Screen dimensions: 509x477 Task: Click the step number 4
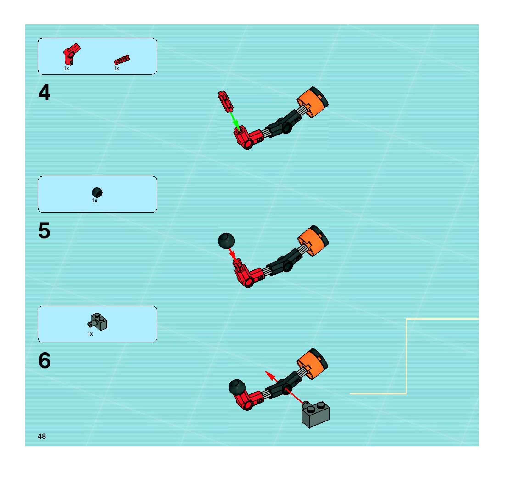coord(44,93)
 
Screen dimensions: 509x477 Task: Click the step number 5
coord(44,230)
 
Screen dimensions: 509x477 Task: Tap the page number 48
coord(42,436)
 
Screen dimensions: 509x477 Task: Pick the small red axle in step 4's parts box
coord(122,60)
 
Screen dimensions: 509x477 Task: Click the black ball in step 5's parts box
coord(97,192)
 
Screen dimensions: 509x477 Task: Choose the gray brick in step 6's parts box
coord(99,322)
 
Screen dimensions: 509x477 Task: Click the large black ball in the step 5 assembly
coord(226,240)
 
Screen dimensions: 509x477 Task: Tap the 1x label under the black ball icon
coord(95,201)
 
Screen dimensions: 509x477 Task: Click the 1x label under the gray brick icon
coord(90,334)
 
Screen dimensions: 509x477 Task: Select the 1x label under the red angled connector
coord(66,68)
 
